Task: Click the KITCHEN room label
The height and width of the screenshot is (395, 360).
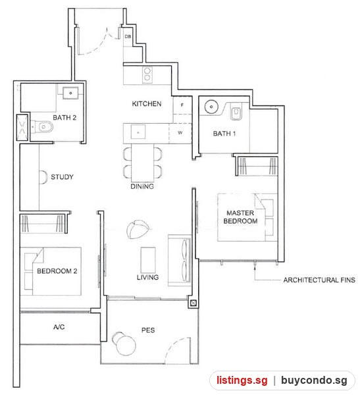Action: point(147,104)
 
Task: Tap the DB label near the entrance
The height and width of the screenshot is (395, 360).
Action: point(128,36)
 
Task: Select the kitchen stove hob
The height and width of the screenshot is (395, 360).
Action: point(147,74)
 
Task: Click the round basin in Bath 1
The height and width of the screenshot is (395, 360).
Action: point(211,107)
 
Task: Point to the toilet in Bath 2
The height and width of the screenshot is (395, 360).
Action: point(42,126)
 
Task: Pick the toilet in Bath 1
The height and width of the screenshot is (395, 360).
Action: point(236,112)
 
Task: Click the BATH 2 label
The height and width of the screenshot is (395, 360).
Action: point(64,118)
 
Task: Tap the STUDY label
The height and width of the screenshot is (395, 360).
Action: point(62,177)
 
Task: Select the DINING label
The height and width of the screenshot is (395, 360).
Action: point(142,186)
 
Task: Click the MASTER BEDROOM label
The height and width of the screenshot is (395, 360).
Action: point(240,217)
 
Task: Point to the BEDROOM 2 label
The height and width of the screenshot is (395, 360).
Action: point(57,271)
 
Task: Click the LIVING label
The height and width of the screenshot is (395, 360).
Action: point(147,277)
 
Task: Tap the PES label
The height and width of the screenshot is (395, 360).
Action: point(148,330)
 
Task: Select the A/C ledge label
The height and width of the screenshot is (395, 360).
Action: point(59,327)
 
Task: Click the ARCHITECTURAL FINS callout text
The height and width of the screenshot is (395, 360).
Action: point(319,280)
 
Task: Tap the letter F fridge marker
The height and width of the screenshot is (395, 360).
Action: point(182,105)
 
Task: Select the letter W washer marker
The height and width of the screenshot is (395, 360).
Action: point(180,133)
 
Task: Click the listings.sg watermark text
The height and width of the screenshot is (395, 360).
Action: point(242,381)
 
